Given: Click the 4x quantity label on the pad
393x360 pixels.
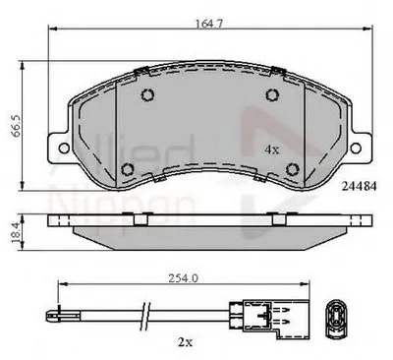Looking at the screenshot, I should click(272, 150).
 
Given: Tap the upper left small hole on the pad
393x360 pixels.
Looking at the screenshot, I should click(147, 95).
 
